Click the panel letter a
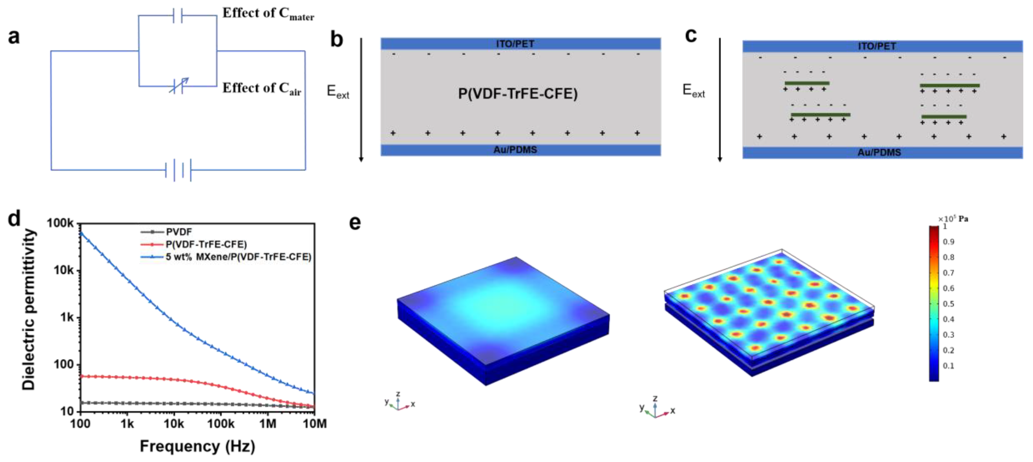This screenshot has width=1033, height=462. (14, 36)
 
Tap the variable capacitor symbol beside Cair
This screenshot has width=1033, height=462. (178, 86)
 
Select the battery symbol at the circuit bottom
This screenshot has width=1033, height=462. (178, 170)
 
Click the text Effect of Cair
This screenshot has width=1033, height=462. (261, 88)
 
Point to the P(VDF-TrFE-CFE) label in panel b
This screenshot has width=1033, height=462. (517, 94)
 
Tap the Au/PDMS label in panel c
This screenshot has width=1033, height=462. (879, 153)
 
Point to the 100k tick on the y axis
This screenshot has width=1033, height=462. (60, 223)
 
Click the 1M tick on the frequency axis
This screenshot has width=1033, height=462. (268, 423)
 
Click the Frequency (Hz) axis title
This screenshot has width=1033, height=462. (197, 446)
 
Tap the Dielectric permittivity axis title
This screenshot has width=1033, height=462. (29, 309)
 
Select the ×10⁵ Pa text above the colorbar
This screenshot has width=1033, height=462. (953, 219)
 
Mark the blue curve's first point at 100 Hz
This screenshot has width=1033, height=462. (81, 233)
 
